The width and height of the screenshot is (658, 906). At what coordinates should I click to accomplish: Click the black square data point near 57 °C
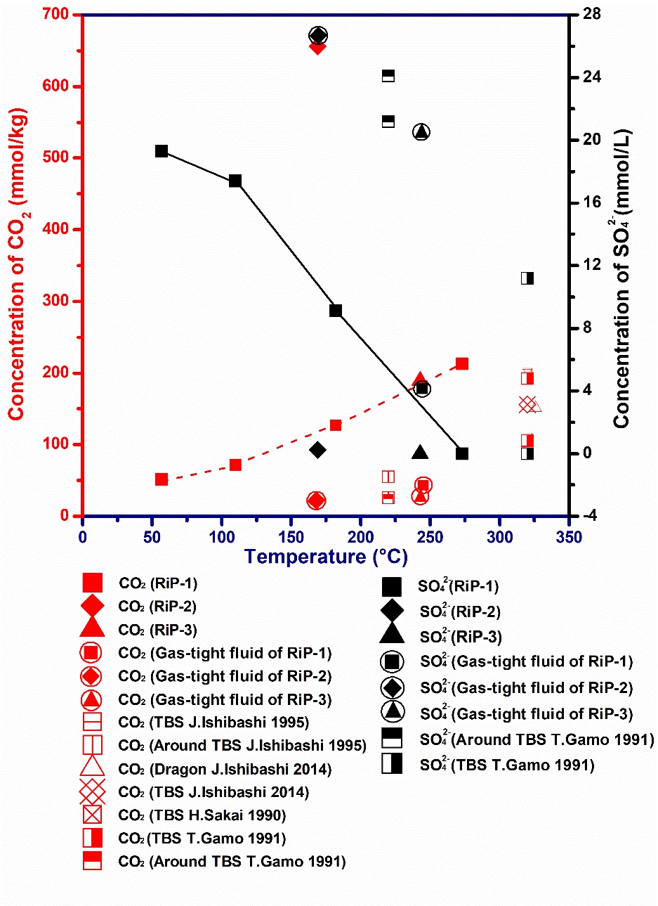click(162, 151)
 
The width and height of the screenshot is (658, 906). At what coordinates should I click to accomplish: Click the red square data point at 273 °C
click(462, 363)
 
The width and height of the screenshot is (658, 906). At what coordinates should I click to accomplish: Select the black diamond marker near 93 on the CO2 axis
click(317, 450)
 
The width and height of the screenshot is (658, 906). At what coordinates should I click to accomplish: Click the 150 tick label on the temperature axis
click(291, 538)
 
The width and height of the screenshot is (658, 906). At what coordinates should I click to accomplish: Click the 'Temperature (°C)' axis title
click(326, 557)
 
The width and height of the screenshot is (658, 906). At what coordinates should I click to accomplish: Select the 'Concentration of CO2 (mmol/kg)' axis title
click(17, 264)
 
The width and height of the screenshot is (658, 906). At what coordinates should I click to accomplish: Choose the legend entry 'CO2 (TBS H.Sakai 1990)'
click(202, 815)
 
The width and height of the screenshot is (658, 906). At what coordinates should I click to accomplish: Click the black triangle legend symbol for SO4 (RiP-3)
click(391, 635)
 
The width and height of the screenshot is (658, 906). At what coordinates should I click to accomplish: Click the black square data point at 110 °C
click(235, 181)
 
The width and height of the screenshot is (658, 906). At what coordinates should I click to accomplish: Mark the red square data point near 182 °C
click(336, 425)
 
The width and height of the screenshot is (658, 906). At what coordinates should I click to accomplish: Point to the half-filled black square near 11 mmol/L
click(527, 278)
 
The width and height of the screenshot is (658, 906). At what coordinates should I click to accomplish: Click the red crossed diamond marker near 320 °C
click(527, 405)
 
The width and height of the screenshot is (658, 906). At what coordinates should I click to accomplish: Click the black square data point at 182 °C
click(336, 311)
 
